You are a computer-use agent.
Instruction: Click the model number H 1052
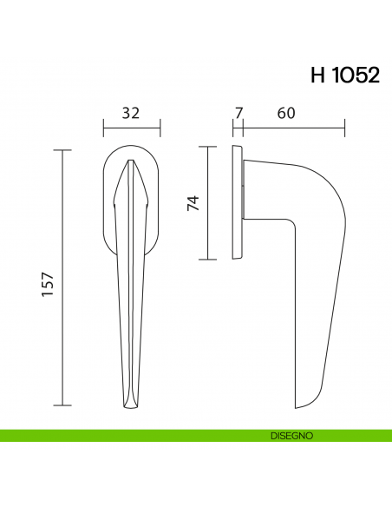[344, 76]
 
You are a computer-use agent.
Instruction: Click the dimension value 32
[131, 113]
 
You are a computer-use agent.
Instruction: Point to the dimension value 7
[238, 113]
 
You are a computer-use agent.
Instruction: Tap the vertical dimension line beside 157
[62, 278]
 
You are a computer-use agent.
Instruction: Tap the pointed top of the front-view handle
[132, 161]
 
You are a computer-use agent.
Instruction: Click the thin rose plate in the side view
[236, 203]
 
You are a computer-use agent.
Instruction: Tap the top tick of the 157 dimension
[62, 150]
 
